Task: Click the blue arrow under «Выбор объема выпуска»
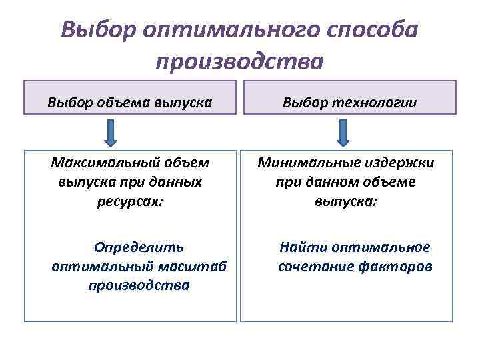click(111, 133)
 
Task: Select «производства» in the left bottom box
click(139, 285)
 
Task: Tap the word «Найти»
click(300, 247)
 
